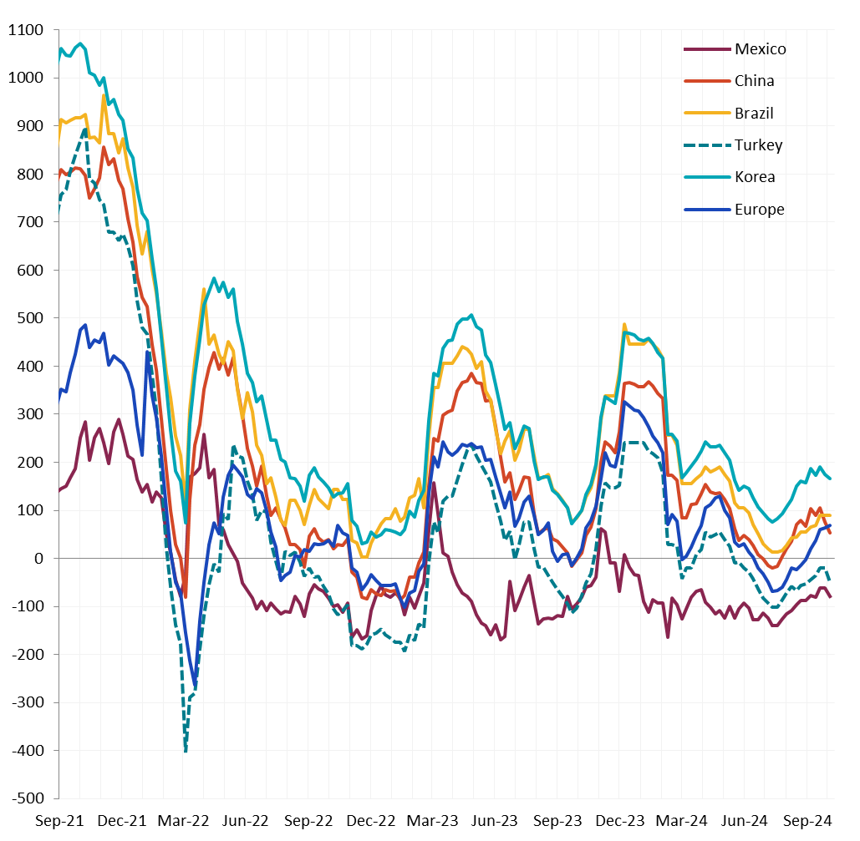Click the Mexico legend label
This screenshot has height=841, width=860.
pyautogui.click(x=760, y=49)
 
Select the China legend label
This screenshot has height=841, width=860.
pyautogui.click(x=754, y=81)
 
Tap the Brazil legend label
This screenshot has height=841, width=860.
pyautogui.click(x=754, y=113)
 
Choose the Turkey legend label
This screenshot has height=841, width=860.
pyautogui.click(x=758, y=145)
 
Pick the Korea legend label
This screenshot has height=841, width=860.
pyautogui.click(x=755, y=177)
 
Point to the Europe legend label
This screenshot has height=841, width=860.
pyautogui.click(x=759, y=210)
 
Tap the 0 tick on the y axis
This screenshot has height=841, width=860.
pyautogui.click(x=42, y=558)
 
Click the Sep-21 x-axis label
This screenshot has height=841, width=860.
pyautogui.click(x=59, y=821)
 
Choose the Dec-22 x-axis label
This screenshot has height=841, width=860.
pyautogui.click(x=371, y=821)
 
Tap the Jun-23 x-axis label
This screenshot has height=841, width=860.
pyautogui.click(x=496, y=821)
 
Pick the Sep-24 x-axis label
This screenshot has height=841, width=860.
pyautogui.click(x=807, y=821)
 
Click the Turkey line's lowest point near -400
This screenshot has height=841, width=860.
pyautogui.click(x=186, y=751)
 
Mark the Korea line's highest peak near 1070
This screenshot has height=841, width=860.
pyautogui.click(x=80, y=43)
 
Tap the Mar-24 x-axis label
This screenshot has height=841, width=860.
pyautogui.click(x=683, y=821)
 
